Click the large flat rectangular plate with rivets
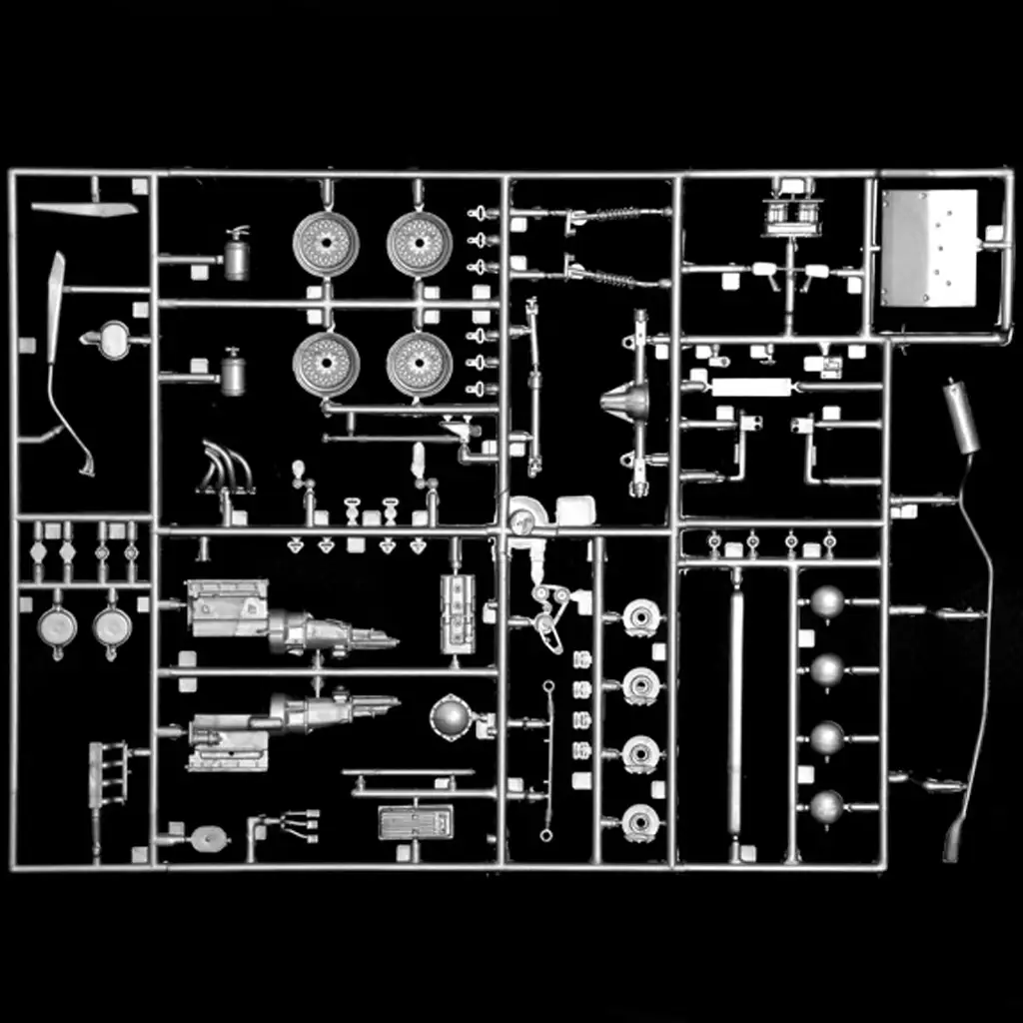click(x=929, y=247)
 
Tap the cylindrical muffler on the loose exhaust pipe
click(x=961, y=416)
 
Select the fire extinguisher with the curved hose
click(x=237, y=255)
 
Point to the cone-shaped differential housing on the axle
click(x=624, y=402)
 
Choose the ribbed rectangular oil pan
click(x=416, y=821)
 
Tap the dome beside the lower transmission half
click(x=451, y=716)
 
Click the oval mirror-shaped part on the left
click(x=113, y=341)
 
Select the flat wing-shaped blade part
click(x=84, y=209)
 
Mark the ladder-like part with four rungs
click(x=108, y=774)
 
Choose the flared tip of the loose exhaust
click(x=953, y=843)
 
